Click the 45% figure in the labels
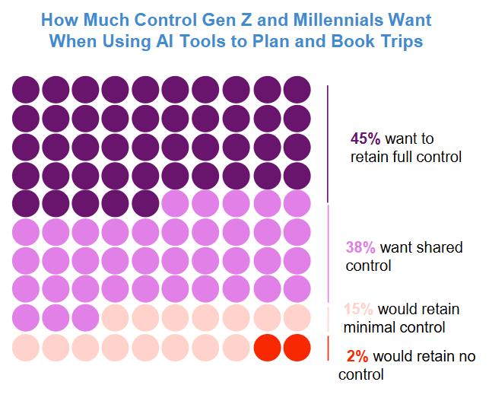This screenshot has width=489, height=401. coord(366,139)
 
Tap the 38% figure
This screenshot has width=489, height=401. coord(361,248)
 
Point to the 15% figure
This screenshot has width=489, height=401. coord(358,310)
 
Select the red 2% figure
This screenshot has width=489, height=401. coord(357,356)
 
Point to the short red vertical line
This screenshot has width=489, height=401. coord(328,348)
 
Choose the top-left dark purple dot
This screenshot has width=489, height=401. coord(26,90)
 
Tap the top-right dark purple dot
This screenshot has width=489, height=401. coord(297,90)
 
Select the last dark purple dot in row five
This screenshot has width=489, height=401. coord(147,204)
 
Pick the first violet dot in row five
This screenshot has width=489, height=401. coord(176,204)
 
